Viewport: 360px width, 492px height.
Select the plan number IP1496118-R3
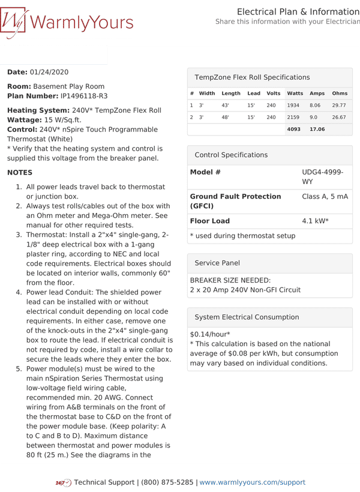pos(84,96)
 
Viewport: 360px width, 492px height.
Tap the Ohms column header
pos(340,94)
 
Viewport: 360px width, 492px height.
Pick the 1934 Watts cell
pos(293,106)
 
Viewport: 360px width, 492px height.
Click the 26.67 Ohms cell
pos(339,118)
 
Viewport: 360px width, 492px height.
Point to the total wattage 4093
pos(293,129)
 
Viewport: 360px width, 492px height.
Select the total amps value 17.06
pos(317,129)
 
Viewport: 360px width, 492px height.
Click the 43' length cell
pos(225,106)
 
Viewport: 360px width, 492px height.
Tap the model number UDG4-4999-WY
pos(323,176)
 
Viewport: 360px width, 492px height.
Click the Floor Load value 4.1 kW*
pos(315,221)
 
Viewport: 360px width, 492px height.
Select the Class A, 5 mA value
pos(325,196)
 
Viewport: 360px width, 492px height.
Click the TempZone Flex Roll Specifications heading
pos(252,77)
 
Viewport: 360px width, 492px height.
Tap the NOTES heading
pos(20,173)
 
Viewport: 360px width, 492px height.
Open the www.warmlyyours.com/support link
pos(252,482)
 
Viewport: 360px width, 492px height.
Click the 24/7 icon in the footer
pos(63,483)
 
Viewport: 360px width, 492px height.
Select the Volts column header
pos(274,94)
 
